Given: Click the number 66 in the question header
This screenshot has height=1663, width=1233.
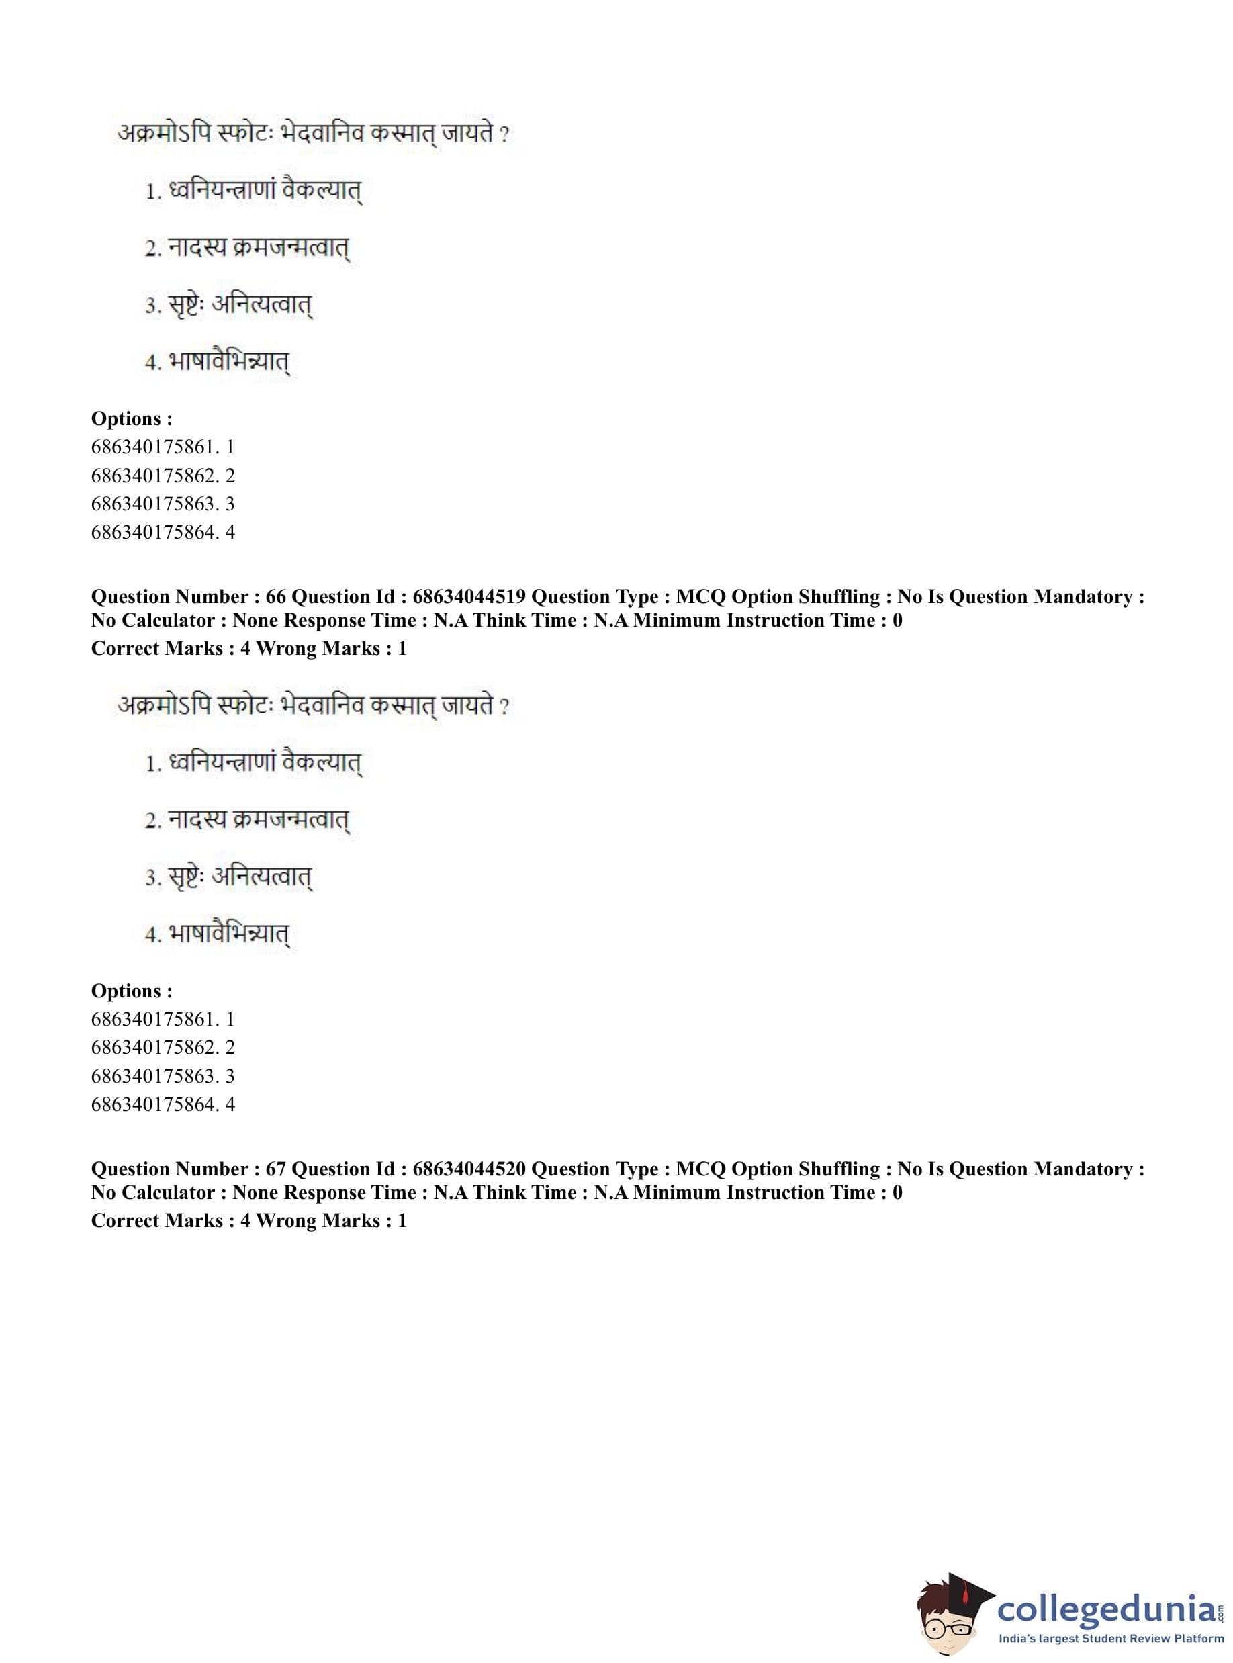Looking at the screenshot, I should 275,596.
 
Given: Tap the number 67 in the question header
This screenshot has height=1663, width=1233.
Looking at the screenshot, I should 275,1168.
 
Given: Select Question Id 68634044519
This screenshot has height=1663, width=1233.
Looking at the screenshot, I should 469,596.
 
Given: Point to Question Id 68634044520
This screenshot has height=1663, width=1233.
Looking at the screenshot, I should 469,1168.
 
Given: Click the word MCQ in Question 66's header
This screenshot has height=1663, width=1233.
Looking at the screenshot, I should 700,596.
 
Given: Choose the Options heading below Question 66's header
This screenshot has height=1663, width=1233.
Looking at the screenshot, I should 132,991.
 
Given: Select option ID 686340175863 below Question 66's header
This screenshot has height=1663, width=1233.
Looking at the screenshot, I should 163,1075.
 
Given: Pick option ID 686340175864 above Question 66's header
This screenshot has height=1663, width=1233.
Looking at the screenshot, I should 163,532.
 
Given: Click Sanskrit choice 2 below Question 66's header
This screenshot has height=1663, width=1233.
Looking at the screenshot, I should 246,820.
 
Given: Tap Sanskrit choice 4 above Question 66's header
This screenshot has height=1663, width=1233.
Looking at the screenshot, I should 216,362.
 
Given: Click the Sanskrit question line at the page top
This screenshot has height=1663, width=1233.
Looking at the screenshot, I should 313,134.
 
